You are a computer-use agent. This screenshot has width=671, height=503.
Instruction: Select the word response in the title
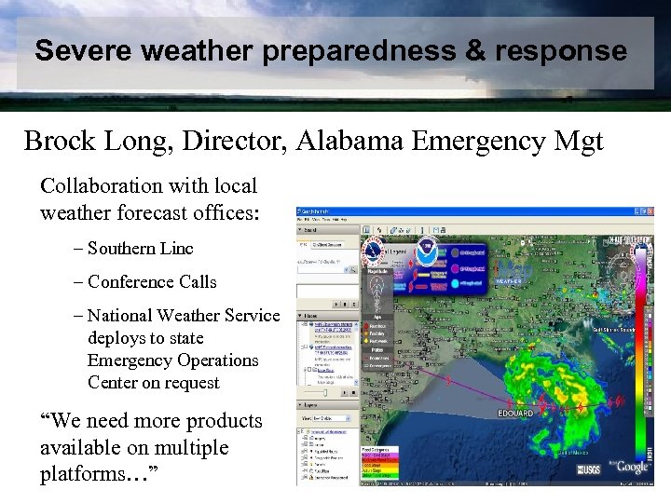[567, 50]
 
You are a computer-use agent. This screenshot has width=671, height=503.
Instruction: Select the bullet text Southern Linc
[140, 248]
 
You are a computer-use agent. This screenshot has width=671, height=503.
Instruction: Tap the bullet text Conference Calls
[151, 281]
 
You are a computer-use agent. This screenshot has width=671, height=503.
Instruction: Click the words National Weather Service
[183, 316]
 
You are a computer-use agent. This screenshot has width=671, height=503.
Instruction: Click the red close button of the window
[650, 212]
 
